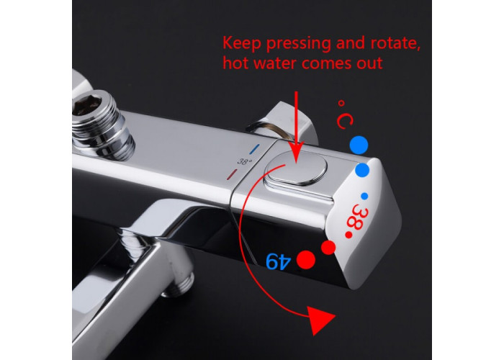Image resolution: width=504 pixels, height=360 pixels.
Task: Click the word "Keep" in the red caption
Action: click(x=241, y=43)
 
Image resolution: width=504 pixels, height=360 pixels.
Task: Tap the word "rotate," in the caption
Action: click(x=396, y=43)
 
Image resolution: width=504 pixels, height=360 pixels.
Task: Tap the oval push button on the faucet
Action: click(x=295, y=168)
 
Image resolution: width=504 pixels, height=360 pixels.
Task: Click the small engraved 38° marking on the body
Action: click(x=245, y=161)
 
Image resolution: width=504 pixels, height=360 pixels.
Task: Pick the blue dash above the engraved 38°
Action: click(x=254, y=149)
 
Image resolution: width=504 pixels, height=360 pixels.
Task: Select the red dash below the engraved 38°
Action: click(x=232, y=174)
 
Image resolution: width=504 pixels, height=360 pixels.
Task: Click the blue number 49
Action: click(x=279, y=261)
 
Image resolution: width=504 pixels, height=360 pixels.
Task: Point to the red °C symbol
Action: click(x=345, y=114)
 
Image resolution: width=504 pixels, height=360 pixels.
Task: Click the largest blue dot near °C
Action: click(x=359, y=145)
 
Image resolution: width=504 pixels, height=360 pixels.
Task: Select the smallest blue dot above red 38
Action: click(x=364, y=196)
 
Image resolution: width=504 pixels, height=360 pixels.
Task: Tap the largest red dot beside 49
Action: click(x=306, y=260)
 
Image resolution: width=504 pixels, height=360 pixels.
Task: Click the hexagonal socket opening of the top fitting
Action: click(x=86, y=104)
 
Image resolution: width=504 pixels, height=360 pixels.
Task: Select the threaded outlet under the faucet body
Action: click(x=179, y=284)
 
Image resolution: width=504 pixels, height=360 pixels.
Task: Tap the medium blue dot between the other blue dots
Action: click(x=362, y=170)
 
